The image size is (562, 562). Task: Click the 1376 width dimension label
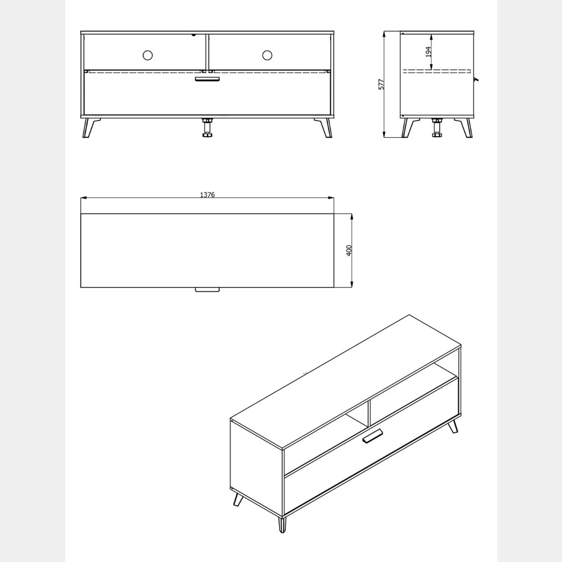click(207, 195)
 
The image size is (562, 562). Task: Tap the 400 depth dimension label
click(349, 251)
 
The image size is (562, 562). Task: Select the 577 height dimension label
click(381, 84)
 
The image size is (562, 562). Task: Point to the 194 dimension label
click(428, 52)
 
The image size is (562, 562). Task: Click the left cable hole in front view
click(148, 55)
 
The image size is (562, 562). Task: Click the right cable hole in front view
click(267, 55)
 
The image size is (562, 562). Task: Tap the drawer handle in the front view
click(207, 79)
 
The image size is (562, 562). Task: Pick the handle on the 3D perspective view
click(372, 437)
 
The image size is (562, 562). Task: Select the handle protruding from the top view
click(207, 289)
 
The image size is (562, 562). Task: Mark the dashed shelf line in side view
click(436, 71)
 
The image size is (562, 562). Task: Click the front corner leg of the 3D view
click(282, 524)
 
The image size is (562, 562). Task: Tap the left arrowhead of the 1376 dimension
click(84, 198)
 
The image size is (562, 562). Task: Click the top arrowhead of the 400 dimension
click(352, 217)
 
